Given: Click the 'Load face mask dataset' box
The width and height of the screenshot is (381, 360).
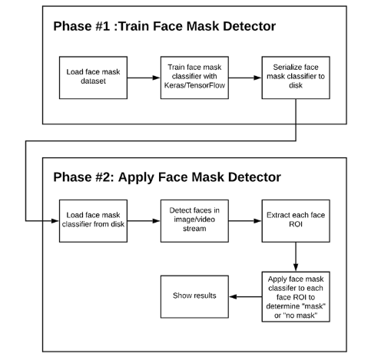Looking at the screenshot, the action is coord(93,78).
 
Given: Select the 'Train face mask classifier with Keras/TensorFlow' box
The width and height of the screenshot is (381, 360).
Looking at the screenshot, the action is coord(194,78).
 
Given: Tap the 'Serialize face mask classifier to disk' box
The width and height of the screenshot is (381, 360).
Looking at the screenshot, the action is coord(296,78).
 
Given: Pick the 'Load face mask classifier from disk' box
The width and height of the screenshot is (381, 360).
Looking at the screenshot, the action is coord(93,221).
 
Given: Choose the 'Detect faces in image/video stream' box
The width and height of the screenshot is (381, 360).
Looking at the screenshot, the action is coord(194,221).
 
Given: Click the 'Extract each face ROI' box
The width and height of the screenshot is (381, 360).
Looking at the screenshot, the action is coord(296,221).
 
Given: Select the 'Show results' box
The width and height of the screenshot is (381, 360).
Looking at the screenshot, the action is coord(194,296).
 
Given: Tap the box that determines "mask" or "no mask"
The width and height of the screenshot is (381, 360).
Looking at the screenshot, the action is coord(296,296).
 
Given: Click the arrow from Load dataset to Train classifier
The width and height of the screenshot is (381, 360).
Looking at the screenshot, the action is coord(144,78).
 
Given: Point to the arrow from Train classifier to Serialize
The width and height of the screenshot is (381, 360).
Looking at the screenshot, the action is coord(245,78).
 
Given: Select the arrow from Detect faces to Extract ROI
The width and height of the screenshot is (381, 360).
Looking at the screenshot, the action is coord(245,221).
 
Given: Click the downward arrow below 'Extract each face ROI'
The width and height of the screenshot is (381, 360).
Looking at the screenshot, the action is coord(296,257).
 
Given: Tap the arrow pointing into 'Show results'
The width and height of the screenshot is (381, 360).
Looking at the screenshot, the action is coord(245,296).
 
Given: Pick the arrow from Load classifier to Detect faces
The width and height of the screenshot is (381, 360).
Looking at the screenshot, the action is coord(144,221).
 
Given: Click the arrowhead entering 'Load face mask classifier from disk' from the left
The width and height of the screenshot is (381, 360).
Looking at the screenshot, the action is coord(55,221).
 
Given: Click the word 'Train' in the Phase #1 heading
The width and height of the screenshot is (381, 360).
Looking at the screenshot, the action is coord(134,26).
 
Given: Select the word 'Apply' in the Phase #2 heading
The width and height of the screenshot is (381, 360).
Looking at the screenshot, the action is coord(136,177).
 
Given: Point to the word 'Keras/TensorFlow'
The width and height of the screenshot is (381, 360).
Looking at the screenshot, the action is coord(194,85).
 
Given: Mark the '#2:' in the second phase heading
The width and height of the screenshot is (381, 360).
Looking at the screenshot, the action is coord(104,177).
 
